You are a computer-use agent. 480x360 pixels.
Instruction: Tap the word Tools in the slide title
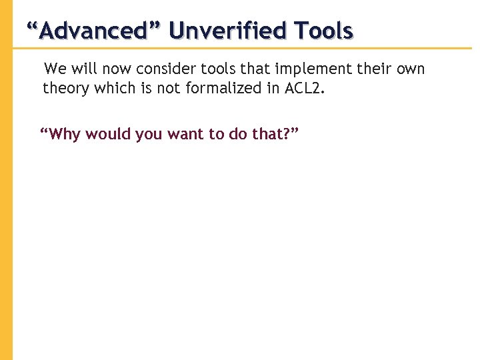pos(325,31)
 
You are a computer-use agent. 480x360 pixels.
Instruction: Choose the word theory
pos(63,89)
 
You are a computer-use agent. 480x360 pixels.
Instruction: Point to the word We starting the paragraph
pos(55,69)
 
